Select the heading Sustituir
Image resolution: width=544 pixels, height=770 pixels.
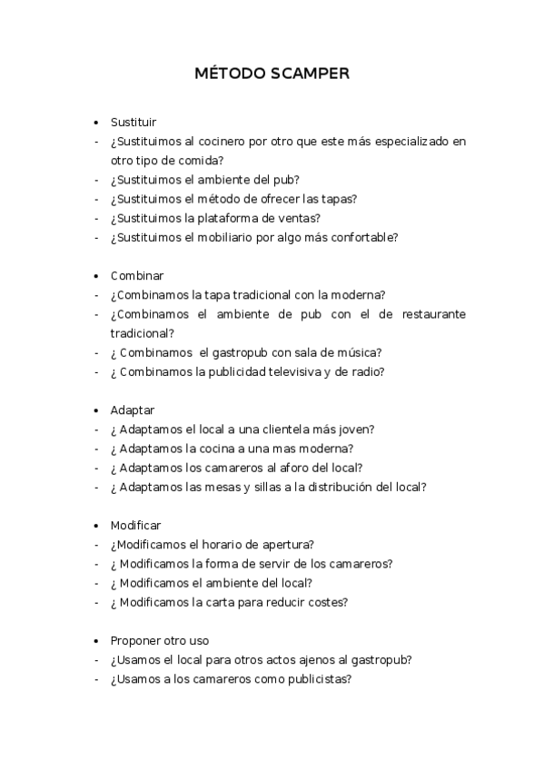[134, 122]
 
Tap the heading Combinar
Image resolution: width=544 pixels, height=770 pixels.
[137, 275]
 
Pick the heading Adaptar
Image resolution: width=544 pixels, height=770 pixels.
[133, 410]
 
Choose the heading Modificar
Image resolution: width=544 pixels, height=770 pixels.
[136, 526]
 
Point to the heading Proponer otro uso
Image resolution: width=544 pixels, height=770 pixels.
[160, 641]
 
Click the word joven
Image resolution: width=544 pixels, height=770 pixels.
[357, 429]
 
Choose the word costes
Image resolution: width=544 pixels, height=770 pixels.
[329, 602]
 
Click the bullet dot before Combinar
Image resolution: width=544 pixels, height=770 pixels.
[95, 275]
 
